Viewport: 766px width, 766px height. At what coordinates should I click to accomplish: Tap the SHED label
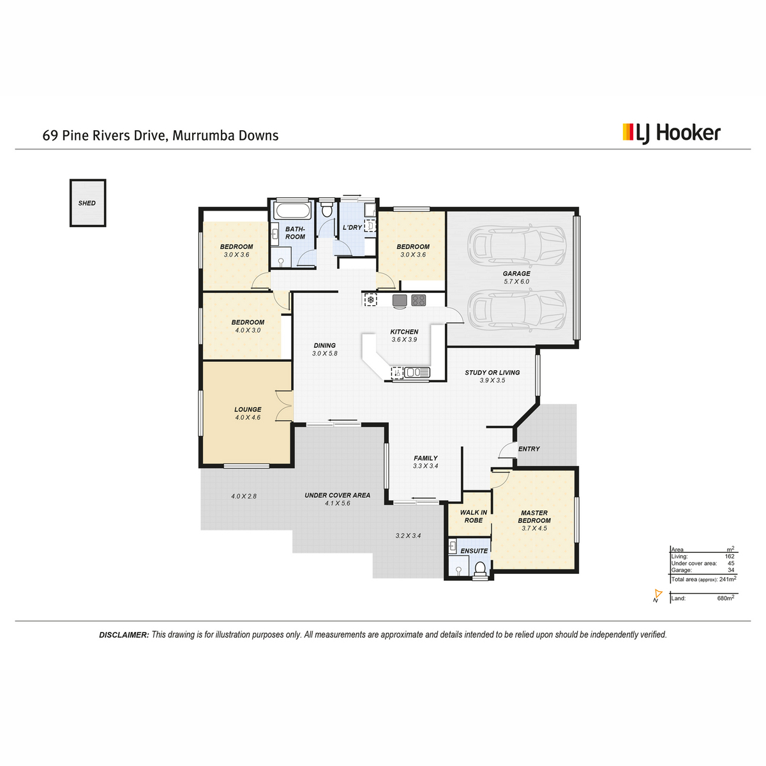point(87,203)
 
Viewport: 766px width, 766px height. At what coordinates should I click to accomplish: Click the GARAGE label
point(516,273)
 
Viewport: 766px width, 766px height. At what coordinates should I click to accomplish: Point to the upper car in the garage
point(516,245)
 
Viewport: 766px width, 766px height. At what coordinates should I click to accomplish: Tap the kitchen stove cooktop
point(418,300)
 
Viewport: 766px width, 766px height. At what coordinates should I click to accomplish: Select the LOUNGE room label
point(248,409)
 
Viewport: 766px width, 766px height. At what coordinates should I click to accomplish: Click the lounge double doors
point(284,405)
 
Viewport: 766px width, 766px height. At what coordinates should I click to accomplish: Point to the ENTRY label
point(529,449)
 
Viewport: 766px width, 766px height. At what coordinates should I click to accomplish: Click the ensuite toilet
point(481,568)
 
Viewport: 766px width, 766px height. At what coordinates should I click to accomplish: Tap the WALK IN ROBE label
point(474,516)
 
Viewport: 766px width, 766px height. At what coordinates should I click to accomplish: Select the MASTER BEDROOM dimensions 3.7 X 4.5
point(534,529)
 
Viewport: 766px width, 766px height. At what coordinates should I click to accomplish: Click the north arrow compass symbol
point(657,595)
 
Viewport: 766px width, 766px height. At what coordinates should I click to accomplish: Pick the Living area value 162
point(730,557)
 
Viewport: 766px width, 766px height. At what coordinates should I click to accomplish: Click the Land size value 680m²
point(725,598)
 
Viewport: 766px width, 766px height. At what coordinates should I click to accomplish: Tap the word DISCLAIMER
point(124,635)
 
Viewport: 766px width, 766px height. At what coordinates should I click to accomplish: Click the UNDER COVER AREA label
point(337,495)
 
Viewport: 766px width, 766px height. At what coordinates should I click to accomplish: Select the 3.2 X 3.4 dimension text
point(408,536)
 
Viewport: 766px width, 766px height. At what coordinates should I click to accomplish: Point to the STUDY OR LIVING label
point(492,372)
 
